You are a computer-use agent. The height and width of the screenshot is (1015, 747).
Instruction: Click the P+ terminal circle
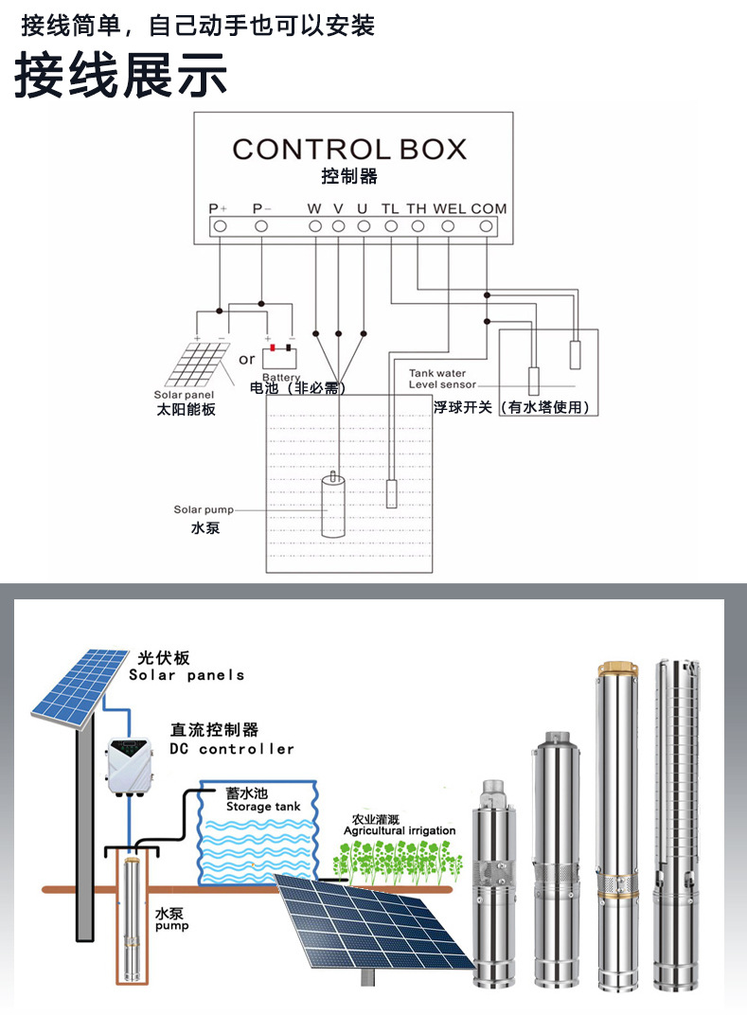[x=219, y=226]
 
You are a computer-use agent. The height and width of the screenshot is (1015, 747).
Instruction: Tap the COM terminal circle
[x=487, y=226]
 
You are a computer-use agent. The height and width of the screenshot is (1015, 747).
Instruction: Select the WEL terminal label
[x=449, y=208]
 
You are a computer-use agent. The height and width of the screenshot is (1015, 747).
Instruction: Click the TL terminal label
[x=390, y=208]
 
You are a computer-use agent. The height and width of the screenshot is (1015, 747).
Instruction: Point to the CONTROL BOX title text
[x=349, y=150]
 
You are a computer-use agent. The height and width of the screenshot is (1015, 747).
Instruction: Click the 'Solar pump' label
[x=204, y=510]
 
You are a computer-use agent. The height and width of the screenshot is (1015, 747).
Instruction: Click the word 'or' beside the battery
[x=246, y=359]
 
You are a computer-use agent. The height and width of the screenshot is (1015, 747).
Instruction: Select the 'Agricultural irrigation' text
[x=399, y=830]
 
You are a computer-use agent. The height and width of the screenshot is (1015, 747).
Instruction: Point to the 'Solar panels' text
[x=187, y=675]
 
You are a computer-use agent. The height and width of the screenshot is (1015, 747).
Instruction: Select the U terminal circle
[x=363, y=226]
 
